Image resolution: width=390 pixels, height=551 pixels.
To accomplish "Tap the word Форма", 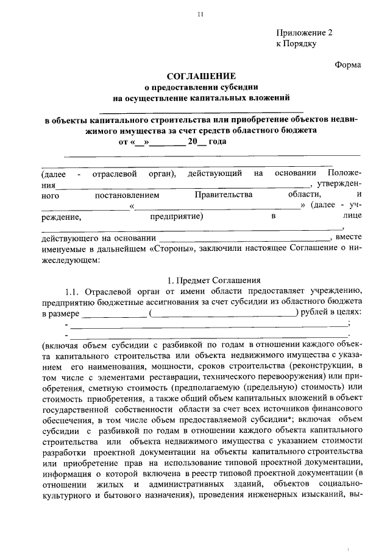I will point(348,65).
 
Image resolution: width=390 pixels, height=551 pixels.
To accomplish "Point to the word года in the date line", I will point(217,142).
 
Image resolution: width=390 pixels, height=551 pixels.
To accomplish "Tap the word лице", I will point(353,216).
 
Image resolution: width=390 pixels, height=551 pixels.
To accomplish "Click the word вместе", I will point(349,237).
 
